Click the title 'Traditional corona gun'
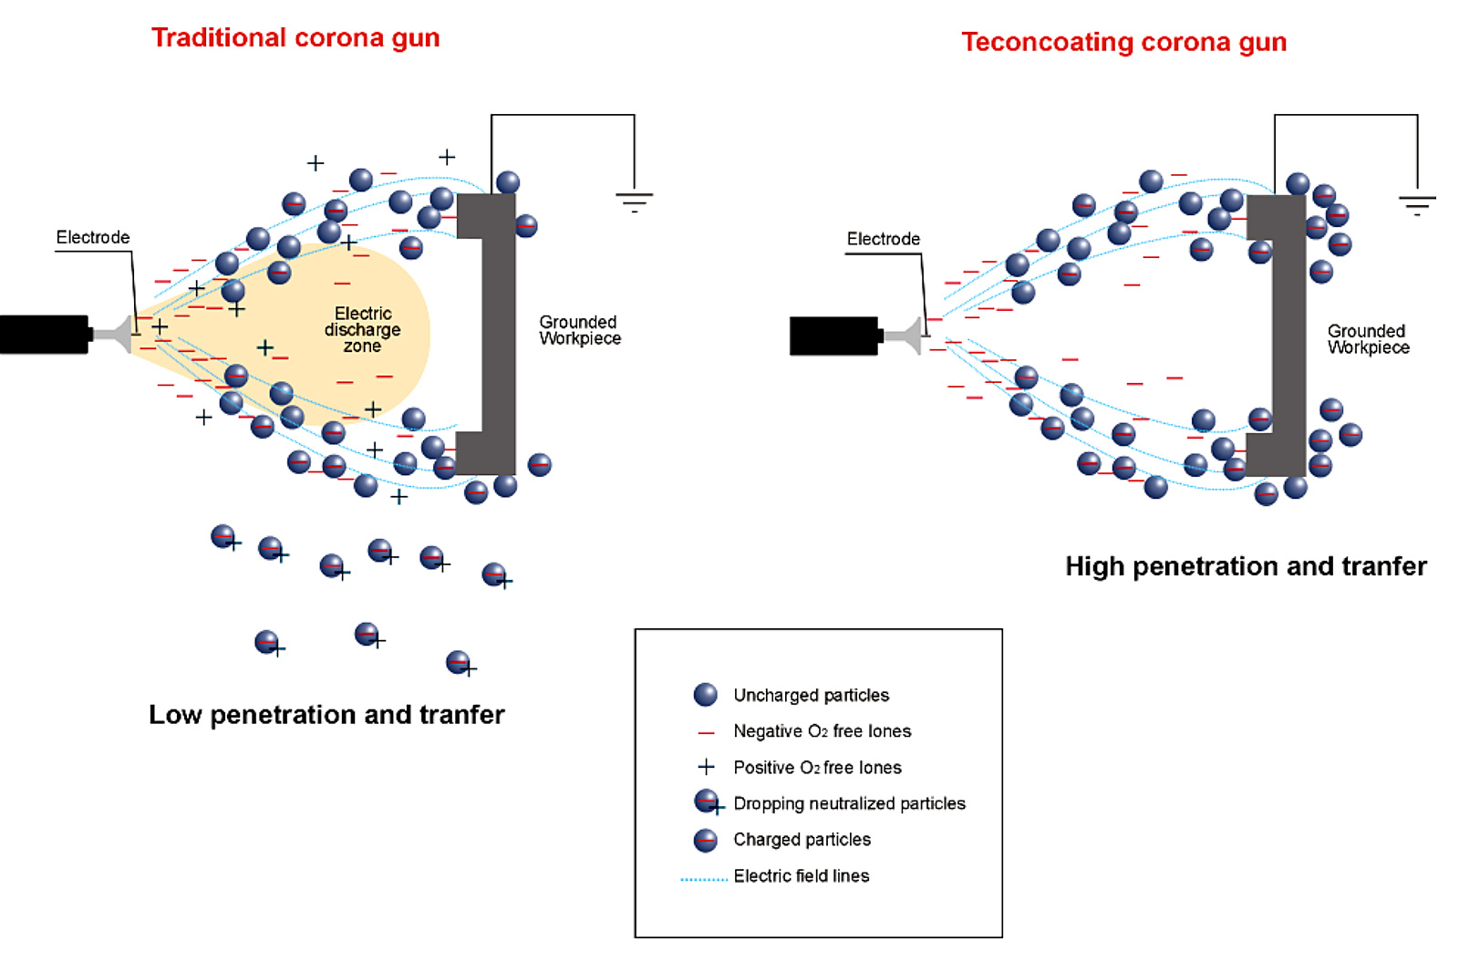295,37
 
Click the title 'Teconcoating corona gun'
1123,42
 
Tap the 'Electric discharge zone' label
362,329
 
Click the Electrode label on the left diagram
93,237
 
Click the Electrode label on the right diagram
883,239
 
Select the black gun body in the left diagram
44,334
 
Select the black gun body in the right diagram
833,336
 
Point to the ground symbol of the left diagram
634,202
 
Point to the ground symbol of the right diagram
1416,204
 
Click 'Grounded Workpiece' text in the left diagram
579,330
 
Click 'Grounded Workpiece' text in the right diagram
1367,339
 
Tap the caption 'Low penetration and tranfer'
326,714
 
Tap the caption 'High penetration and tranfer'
1245,566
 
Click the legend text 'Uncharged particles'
811,695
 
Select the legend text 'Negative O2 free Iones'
822,731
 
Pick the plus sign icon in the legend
706,767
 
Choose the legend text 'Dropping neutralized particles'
849,803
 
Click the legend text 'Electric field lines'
801,876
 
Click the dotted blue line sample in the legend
703,880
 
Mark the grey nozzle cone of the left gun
115,334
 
